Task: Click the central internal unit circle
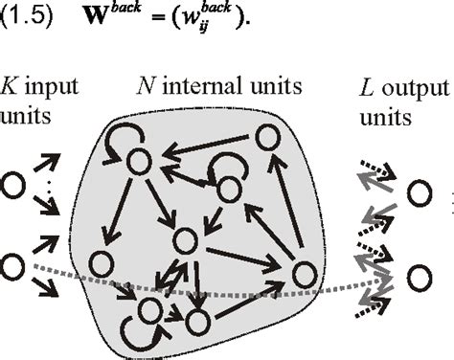coord(186,238)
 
